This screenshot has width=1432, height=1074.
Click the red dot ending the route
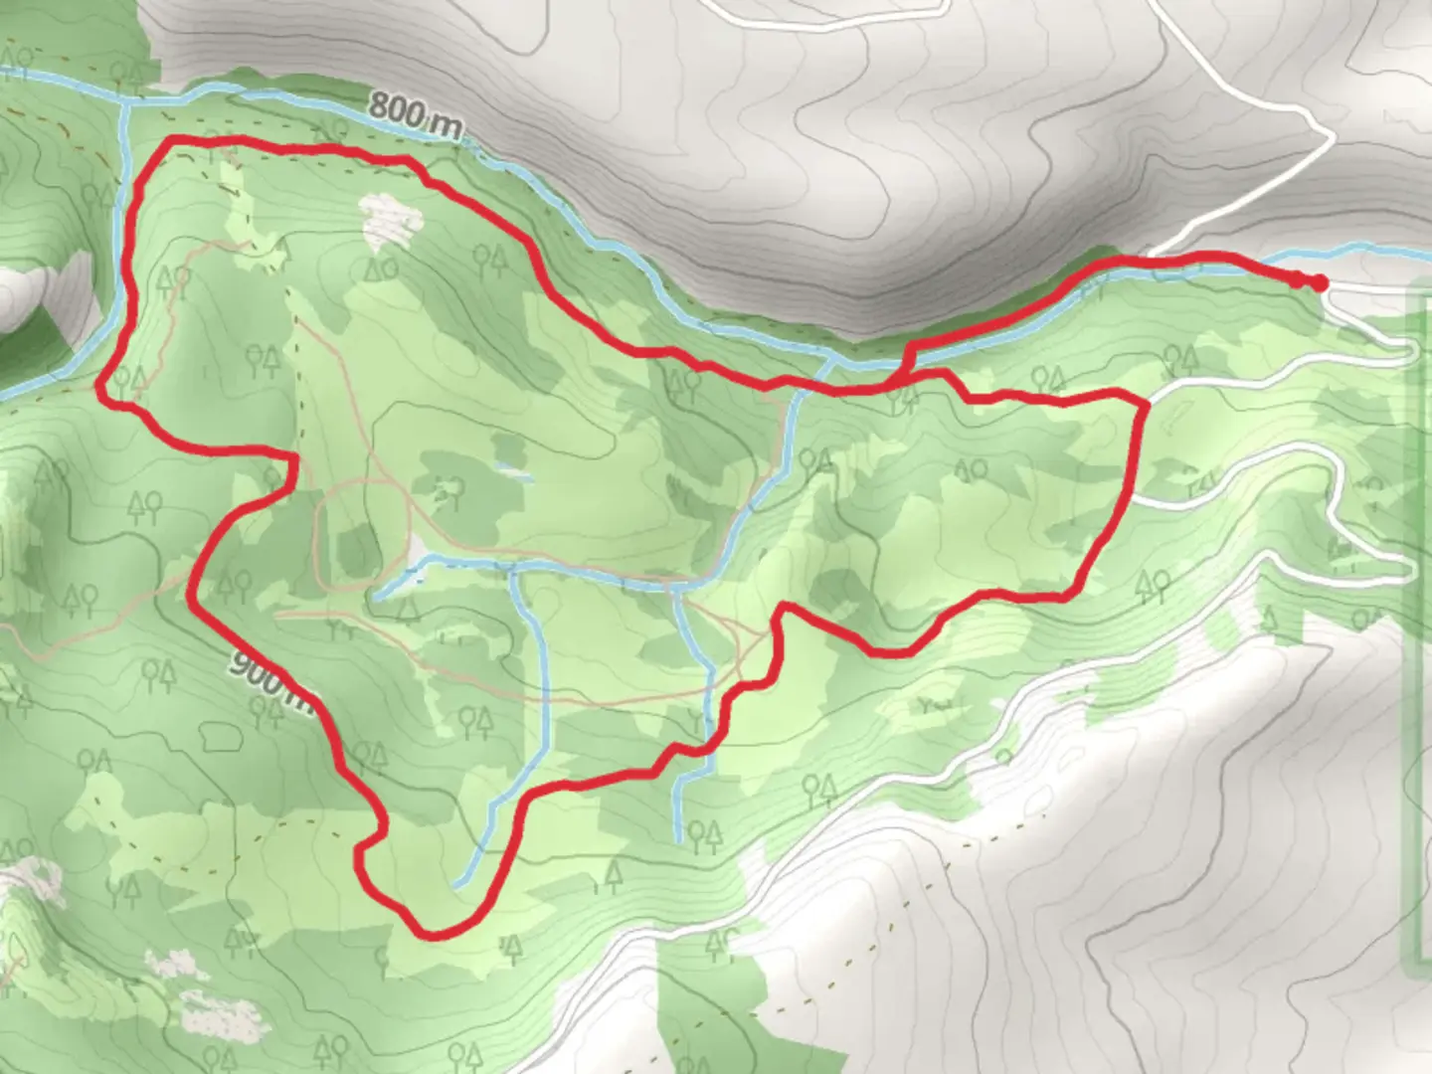pos(1319,283)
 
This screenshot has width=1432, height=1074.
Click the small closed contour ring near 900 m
pos(220,737)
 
